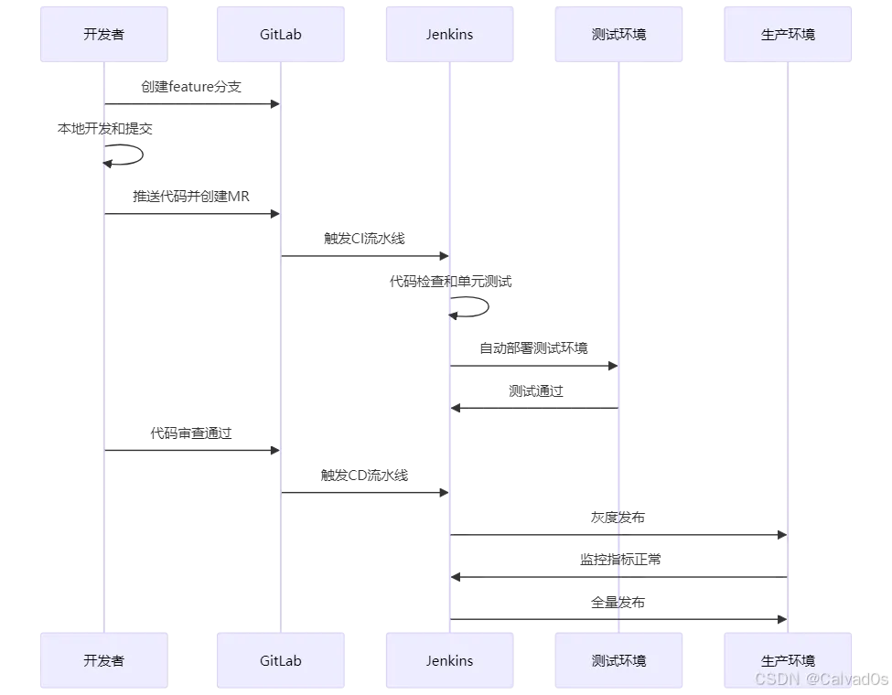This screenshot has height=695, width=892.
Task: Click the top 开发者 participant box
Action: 102,35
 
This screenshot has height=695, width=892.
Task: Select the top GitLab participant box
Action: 280,35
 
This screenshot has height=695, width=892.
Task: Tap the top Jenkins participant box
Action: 449,35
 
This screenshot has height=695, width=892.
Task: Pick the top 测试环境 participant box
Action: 618,35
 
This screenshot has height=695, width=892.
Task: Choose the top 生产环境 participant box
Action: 787,35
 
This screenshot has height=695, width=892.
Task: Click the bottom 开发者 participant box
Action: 102,660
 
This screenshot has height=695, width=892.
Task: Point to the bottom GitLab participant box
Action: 280,660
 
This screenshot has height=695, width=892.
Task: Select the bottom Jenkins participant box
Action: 449,660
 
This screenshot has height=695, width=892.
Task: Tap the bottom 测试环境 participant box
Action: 618,660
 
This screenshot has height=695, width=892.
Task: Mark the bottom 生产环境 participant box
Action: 787,660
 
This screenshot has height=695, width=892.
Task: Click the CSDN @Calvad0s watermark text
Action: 821,679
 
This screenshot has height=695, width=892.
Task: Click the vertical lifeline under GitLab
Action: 281,366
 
